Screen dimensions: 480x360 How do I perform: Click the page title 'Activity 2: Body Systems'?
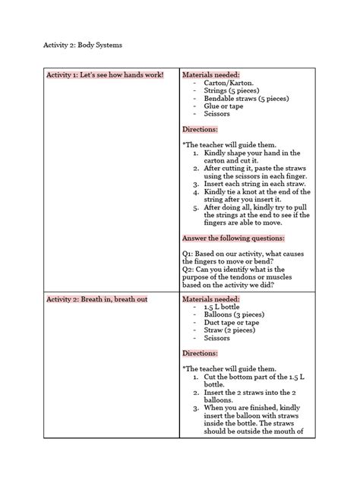pyautogui.click(x=81, y=46)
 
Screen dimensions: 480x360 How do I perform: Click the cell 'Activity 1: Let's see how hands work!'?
pyautogui.click(x=104, y=76)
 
